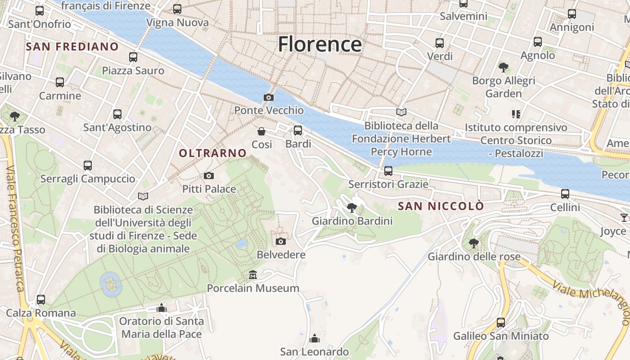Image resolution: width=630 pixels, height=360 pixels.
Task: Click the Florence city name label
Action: [x=319, y=45]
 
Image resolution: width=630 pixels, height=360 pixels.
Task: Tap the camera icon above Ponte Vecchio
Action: [x=269, y=97]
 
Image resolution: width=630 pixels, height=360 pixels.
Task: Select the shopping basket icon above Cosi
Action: [x=261, y=131]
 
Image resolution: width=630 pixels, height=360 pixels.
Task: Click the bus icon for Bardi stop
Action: [x=298, y=130]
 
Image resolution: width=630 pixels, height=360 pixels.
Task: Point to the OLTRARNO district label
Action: [x=213, y=153]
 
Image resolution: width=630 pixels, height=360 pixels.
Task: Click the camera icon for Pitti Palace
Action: [x=209, y=175]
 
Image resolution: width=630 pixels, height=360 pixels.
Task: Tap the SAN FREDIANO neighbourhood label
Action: [x=72, y=46]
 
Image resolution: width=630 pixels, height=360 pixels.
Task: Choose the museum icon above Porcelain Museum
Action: [x=253, y=274]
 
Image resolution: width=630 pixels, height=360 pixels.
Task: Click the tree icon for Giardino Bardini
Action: [x=352, y=207]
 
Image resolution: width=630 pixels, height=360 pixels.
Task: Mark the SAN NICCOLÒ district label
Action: [x=441, y=206]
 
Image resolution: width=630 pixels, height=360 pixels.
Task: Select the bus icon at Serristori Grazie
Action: [x=388, y=171]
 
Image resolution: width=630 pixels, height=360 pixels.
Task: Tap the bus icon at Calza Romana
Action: [x=41, y=299]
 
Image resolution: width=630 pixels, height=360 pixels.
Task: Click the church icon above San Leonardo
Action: [x=315, y=338]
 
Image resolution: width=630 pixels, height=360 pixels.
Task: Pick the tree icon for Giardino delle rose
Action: [x=473, y=243]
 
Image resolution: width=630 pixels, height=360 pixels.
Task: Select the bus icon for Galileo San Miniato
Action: [x=501, y=323]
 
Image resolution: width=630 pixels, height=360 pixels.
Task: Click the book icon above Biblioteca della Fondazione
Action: [x=401, y=112]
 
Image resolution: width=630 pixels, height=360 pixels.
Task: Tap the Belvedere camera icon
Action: [x=281, y=241]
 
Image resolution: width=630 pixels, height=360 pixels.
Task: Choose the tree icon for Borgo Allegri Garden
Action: [x=504, y=67]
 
